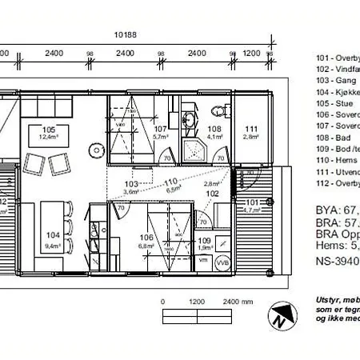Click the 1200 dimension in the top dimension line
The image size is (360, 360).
coord(251,54)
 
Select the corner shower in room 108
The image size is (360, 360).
coord(193,149)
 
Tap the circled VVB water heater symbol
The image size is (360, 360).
coord(222,261)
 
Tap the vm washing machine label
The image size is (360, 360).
coord(202,261)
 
